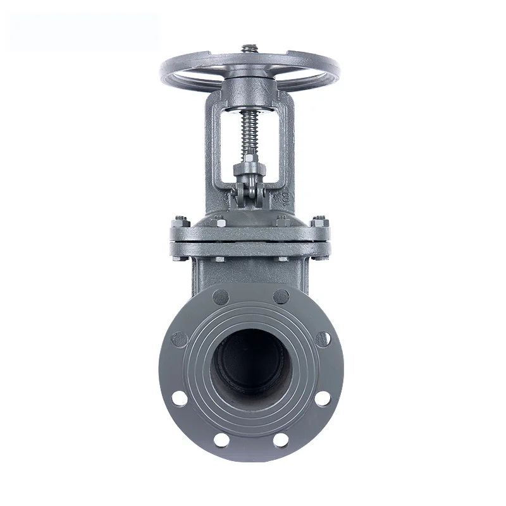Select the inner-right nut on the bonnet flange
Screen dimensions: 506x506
tap(280, 221)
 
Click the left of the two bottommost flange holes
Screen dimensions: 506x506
tap(221, 438)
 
